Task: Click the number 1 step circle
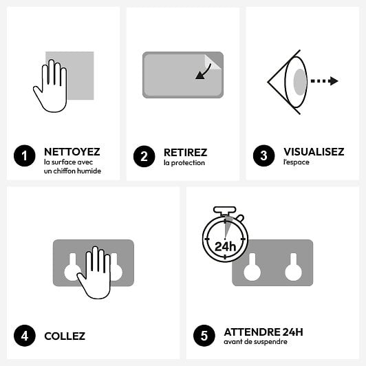click(24, 156)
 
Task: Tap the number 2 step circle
click(144, 156)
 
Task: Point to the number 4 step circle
click(24, 336)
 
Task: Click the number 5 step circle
click(204, 336)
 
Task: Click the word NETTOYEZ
click(72, 152)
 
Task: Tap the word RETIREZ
click(185, 152)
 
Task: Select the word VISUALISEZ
click(314, 152)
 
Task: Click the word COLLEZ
click(65, 336)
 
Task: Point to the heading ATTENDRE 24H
click(263, 332)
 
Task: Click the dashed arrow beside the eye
click(324, 81)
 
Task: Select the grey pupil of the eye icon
click(300, 81)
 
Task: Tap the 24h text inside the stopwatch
click(224, 246)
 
